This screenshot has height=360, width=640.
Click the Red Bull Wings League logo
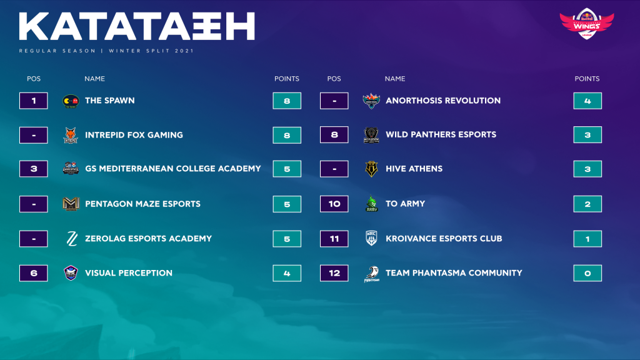tap(586, 23)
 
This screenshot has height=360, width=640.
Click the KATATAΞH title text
tap(137, 26)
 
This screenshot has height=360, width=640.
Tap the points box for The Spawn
tap(287, 101)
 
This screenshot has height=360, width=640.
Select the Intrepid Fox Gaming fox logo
tap(71, 135)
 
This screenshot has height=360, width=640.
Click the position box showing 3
tap(34, 169)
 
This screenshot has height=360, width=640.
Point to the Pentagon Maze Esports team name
tap(142, 204)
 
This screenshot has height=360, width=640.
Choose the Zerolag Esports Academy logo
tap(72, 239)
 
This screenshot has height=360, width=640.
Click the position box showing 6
tap(34, 273)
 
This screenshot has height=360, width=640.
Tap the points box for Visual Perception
tap(287, 273)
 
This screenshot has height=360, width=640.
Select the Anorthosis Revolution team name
tap(443, 101)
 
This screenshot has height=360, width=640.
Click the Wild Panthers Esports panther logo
tap(371, 135)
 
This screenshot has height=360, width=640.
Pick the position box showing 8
tap(334, 135)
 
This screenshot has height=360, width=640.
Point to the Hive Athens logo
tap(371, 169)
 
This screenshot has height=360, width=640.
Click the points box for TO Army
tap(587, 204)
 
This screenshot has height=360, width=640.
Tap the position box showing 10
tap(334, 204)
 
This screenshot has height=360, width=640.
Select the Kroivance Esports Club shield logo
tap(371, 238)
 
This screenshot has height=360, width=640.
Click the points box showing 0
tap(587, 273)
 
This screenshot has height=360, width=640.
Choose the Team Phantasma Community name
tap(454, 272)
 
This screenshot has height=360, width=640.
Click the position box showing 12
tap(334, 273)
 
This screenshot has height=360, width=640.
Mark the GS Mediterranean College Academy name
tap(172, 169)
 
